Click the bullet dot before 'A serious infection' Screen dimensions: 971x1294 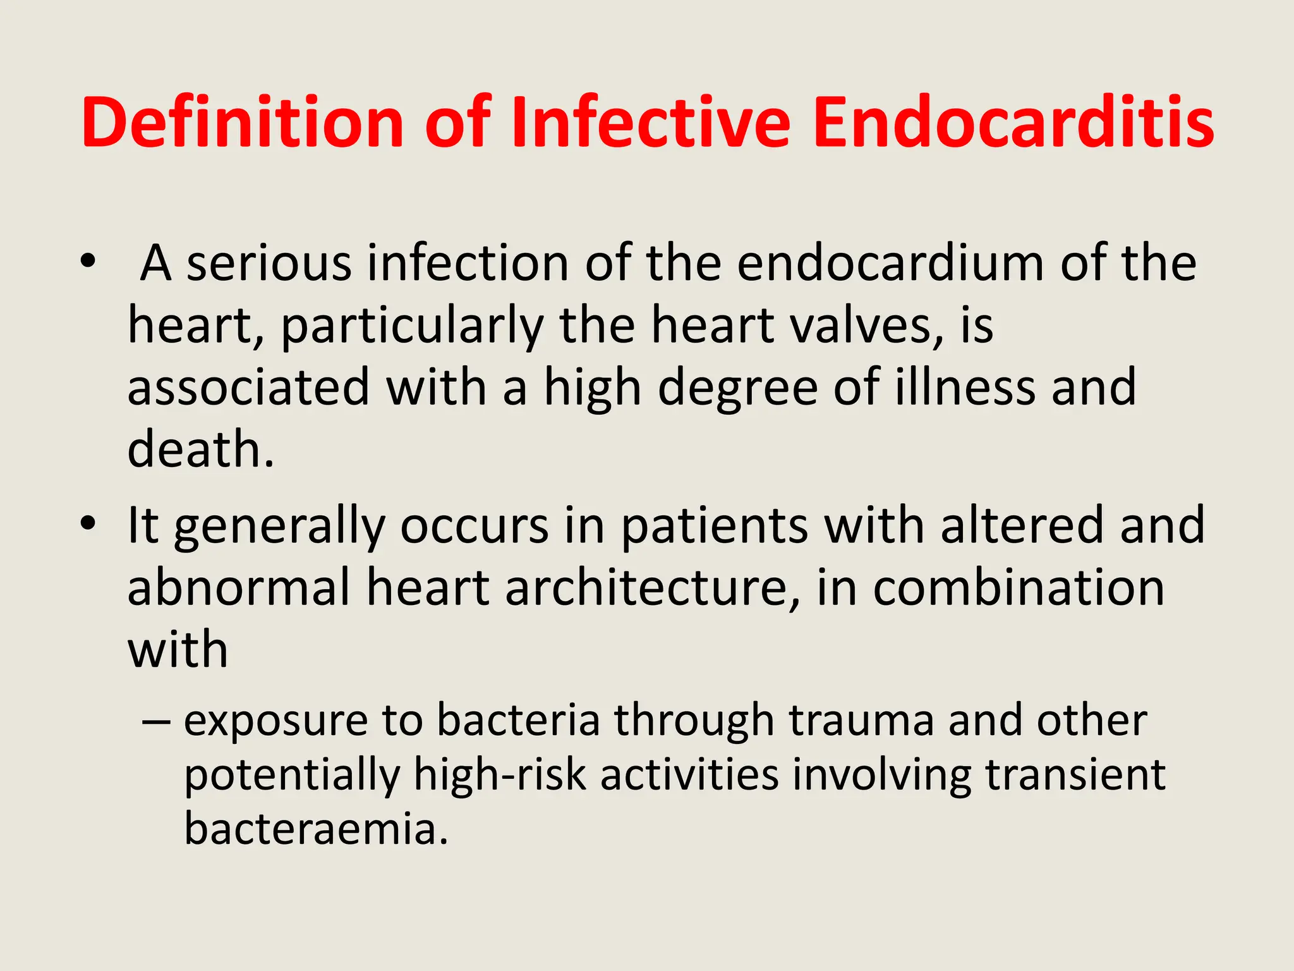tap(88, 261)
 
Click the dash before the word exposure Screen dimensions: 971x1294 tap(156, 721)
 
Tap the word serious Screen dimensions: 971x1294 tap(269, 262)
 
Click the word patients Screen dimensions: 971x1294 tap(715, 525)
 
